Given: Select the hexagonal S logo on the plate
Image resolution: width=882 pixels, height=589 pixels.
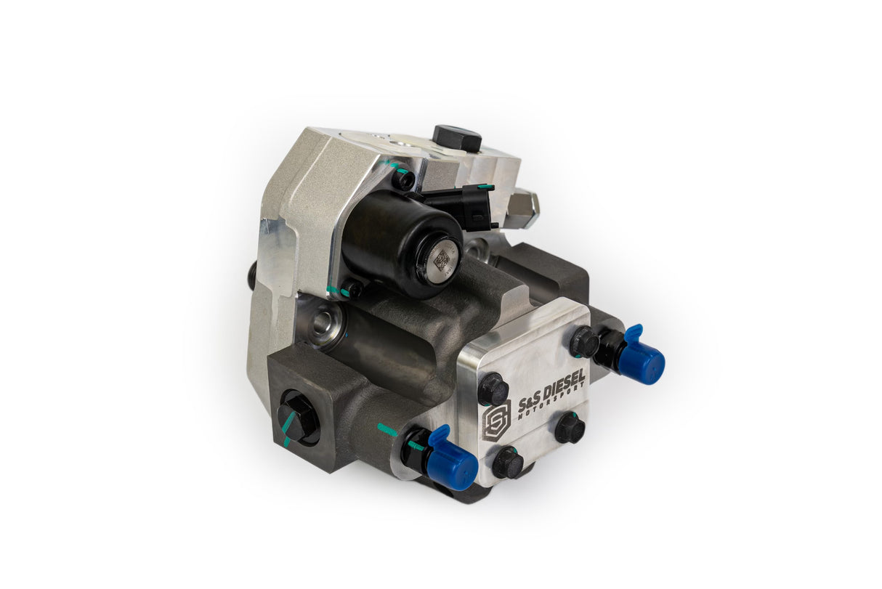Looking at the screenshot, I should (498, 421).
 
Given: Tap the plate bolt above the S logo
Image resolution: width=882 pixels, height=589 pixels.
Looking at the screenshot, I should (493, 389).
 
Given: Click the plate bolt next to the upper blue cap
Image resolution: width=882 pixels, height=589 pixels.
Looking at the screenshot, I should (584, 341).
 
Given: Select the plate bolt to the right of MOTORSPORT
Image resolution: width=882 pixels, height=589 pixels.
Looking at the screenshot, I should (570, 428).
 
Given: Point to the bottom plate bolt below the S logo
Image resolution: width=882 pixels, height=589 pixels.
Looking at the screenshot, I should (507, 463).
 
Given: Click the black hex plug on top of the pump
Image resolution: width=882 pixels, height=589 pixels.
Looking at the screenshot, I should (457, 137).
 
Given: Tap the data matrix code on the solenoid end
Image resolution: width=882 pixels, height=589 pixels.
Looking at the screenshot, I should (441, 256).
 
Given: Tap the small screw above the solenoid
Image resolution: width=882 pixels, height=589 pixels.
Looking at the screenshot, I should (404, 179).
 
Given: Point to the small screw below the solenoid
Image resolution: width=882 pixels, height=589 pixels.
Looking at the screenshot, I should (352, 288).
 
